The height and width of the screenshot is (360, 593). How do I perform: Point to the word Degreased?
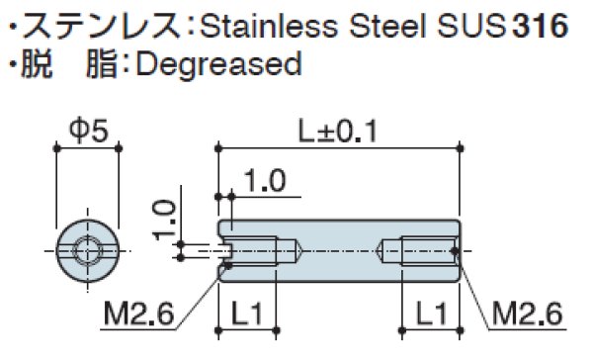pos(216,65)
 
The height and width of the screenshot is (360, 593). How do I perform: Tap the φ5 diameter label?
pos(88,130)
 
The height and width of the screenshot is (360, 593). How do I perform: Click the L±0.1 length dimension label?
pos(339,129)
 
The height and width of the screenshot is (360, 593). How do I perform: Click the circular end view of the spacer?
pos(88,247)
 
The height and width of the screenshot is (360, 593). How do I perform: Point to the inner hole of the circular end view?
pos(88,247)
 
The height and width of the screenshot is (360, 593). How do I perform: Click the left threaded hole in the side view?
pos(252,248)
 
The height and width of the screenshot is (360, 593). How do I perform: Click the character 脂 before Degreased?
pos(105,65)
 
